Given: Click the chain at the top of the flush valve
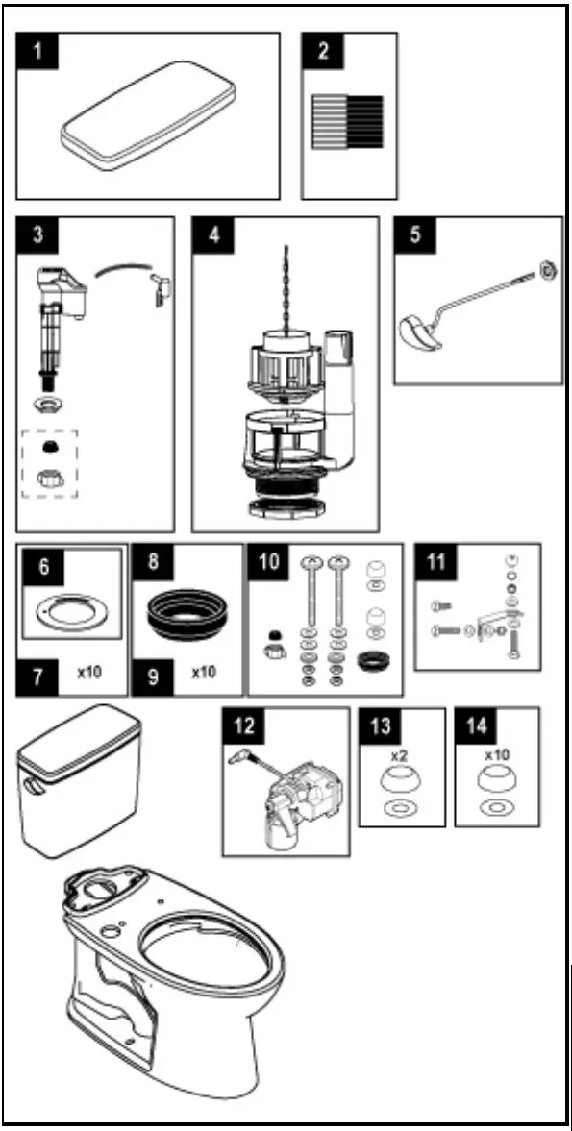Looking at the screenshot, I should point(285,284).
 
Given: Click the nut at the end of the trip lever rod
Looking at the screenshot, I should point(547,273).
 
